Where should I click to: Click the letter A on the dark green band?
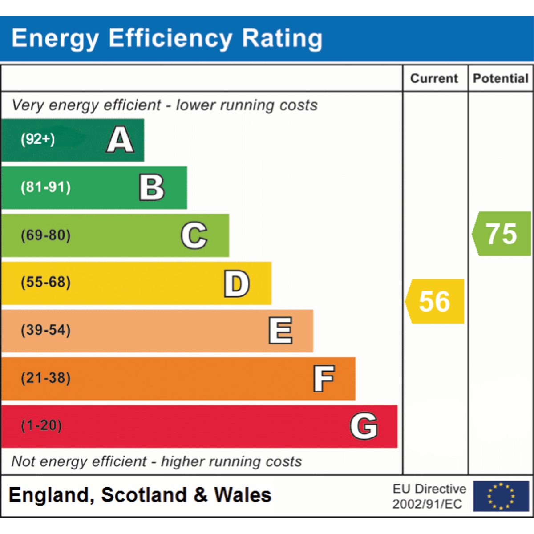(x=120, y=139)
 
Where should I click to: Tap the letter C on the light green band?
(x=194, y=235)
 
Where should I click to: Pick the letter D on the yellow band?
(x=237, y=283)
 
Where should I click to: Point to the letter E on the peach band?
(x=280, y=331)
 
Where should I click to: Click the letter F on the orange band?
(x=324, y=378)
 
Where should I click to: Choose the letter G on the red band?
(x=364, y=426)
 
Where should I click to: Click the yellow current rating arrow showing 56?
(x=434, y=301)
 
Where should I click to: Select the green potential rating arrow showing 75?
(x=502, y=234)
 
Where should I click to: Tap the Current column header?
(x=434, y=78)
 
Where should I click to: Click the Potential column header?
(x=501, y=78)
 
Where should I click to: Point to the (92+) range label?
(x=38, y=139)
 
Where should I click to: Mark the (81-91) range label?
(x=46, y=187)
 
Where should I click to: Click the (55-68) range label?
(x=46, y=283)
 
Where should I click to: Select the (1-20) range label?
(x=41, y=425)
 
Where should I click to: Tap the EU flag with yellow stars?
(x=501, y=496)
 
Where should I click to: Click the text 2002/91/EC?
(x=427, y=504)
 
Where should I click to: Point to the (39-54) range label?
(x=46, y=330)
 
